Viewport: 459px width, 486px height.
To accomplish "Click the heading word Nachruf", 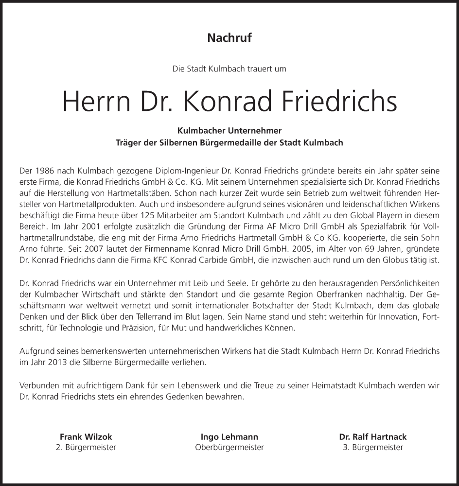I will [x=229, y=38].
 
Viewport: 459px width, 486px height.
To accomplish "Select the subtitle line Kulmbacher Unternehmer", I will [x=229, y=131].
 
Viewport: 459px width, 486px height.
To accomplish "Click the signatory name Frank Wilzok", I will [x=86, y=436].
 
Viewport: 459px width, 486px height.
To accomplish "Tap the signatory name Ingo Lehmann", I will [x=229, y=436].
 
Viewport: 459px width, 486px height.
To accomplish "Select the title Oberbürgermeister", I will [x=229, y=448].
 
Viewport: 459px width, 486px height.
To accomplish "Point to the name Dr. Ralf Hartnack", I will [x=373, y=436].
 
